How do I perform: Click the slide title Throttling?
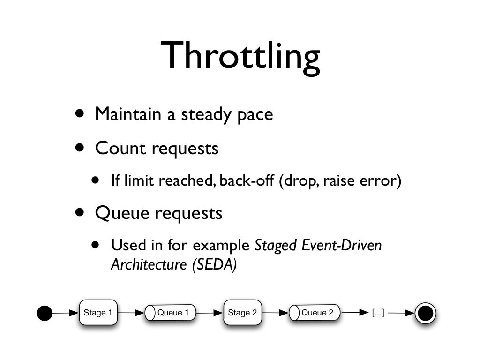[240, 56]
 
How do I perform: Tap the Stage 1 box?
[97, 313]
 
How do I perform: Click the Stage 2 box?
[242, 313]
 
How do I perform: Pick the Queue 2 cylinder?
[315, 313]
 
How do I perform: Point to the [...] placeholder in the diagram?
[378, 313]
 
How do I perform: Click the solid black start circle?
[45, 313]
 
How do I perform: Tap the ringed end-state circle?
[425, 313]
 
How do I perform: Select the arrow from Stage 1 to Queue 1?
[131, 313]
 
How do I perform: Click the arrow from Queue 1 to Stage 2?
[210, 313]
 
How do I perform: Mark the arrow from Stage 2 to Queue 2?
[275, 313]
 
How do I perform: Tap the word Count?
[120, 149]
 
